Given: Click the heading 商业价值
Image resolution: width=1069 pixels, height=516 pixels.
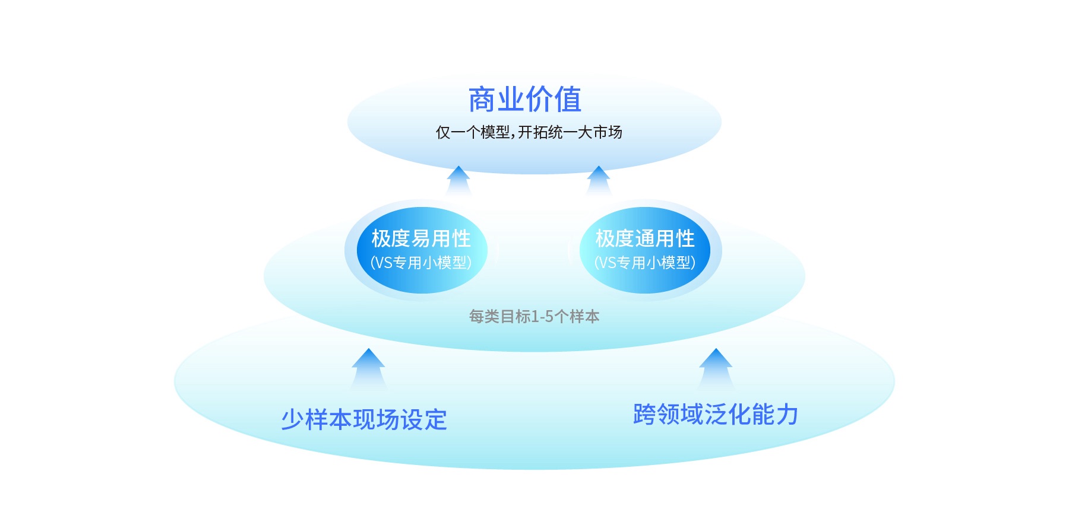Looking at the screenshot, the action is click(x=525, y=100).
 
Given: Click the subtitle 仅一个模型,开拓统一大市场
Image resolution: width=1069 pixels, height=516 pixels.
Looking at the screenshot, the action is click(x=529, y=132).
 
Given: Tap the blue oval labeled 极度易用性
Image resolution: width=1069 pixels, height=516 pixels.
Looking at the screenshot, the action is click(x=422, y=250).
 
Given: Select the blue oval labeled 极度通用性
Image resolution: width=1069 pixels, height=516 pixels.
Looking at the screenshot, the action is click(x=645, y=250).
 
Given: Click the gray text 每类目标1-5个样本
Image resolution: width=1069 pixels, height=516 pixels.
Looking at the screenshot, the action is click(x=534, y=317).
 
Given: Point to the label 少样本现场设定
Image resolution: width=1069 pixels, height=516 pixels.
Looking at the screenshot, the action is click(x=364, y=420).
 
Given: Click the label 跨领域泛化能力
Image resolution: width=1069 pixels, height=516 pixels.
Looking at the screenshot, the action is click(x=716, y=415).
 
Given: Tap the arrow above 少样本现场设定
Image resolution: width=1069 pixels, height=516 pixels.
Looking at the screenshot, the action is click(x=368, y=369).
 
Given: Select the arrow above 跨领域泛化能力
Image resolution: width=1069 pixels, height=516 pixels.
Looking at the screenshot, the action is click(x=716, y=369).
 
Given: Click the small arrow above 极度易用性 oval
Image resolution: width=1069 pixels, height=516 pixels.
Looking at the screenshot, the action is click(x=458, y=180).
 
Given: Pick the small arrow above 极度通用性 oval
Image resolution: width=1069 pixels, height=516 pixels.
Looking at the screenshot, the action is click(x=598, y=180).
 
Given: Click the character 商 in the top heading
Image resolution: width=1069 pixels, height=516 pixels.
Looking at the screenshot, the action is click(x=482, y=100).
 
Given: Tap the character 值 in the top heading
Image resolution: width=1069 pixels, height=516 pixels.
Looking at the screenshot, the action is click(x=568, y=100).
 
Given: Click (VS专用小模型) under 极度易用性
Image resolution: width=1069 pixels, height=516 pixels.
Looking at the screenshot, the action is click(x=421, y=263).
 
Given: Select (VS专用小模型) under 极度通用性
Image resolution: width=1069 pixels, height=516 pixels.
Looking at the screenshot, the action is click(x=645, y=263).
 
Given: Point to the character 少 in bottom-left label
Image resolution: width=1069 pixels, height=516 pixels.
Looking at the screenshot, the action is click(x=292, y=420).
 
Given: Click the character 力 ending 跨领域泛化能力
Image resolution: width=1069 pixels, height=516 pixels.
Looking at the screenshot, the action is click(x=787, y=415).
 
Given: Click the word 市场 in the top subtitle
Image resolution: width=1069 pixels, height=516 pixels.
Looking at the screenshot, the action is click(x=607, y=132).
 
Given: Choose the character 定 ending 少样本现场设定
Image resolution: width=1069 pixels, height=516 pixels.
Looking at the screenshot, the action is click(x=436, y=420).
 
